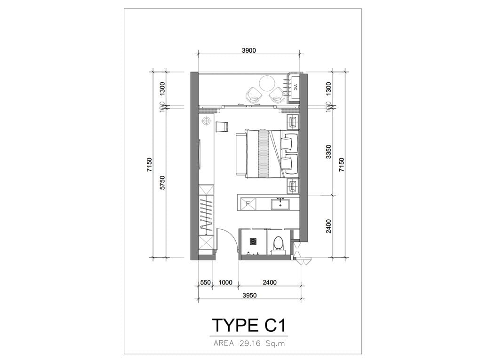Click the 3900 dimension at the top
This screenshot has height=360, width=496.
(248, 50)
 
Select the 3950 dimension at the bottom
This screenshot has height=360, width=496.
(249, 296)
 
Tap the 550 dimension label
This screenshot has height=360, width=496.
(206, 282)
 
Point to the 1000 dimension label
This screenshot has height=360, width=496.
(225, 282)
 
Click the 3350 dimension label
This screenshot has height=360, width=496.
(329, 152)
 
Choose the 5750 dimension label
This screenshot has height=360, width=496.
(163, 183)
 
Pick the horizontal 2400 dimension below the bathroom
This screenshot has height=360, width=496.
(270, 282)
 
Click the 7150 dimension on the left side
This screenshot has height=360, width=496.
(149, 165)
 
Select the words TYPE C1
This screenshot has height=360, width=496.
(249, 325)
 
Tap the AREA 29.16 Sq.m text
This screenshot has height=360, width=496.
(249, 343)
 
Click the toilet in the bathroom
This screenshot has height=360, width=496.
(279, 245)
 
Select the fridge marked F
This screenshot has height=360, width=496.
(248, 203)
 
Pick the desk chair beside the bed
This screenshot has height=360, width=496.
(222, 126)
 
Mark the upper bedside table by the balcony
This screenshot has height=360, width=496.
(293, 122)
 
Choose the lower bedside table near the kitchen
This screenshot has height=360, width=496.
(293, 186)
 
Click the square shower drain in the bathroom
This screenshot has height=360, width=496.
(253, 241)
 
